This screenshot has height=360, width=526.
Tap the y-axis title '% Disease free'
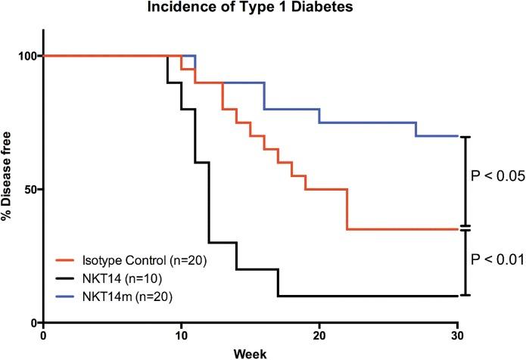[9, 189]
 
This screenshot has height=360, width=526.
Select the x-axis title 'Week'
[251, 352]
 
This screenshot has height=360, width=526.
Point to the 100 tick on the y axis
[26, 56]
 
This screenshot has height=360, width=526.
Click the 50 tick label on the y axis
[30, 189]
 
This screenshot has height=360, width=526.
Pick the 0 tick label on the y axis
[33, 323]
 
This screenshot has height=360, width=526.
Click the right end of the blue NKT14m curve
[456, 136]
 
